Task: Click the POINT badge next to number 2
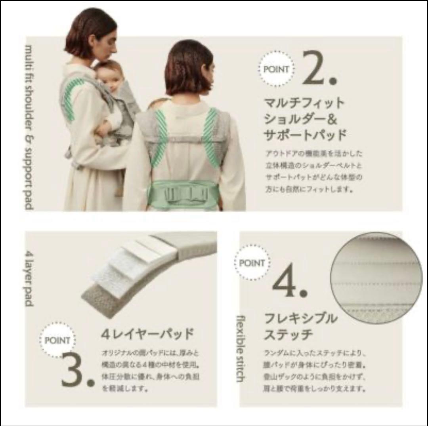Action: (x=276, y=69)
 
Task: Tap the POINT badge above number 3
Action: (x=57, y=340)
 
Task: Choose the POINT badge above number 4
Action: (x=252, y=263)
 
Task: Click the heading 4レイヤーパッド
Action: (x=147, y=334)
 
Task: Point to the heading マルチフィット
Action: (x=304, y=103)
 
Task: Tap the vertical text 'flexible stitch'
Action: (x=240, y=348)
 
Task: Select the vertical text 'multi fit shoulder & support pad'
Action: (x=29, y=127)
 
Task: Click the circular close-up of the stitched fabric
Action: (x=376, y=278)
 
